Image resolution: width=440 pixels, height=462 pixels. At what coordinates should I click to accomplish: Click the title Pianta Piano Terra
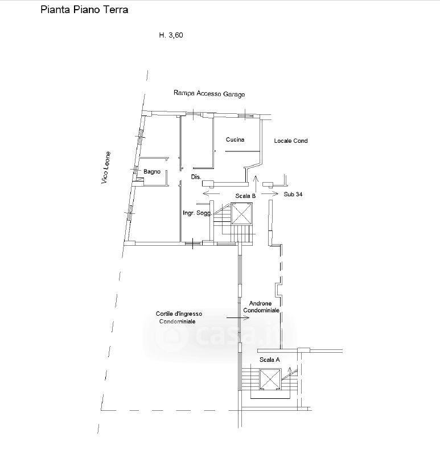click(84, 10)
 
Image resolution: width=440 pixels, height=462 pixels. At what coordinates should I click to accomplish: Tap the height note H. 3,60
click(171, 35)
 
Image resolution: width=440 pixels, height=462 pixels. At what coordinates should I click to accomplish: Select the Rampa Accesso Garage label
click(209, 94)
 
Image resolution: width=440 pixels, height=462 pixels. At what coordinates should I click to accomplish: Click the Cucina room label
click(235, 139)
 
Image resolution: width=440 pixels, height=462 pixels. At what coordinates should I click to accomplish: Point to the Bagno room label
click(152, 171)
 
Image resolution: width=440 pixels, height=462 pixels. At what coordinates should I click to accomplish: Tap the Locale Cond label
click(291, 141)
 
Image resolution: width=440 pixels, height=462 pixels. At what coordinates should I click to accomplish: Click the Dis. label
click(196, 177)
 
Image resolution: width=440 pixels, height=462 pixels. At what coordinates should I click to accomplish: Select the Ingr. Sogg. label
click(198, 213)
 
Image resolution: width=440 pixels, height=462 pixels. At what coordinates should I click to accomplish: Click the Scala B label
click(245, 196)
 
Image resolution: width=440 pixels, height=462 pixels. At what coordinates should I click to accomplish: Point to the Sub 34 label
click(293, 194)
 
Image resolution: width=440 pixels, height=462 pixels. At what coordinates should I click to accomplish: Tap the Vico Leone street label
click(106, 168)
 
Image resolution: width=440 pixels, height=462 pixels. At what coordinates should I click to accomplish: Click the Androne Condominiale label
click(261, 307)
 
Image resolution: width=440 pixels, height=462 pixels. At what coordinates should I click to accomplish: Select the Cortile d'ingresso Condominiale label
click(179, 317)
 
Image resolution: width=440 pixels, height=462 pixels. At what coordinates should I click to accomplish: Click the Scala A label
click(270, 360)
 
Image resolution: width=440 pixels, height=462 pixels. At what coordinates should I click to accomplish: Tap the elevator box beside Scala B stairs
click(242, 213)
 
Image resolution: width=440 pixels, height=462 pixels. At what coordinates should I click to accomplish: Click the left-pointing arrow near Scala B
click(211, 193)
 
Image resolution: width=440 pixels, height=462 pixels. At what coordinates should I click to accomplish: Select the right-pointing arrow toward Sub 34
click(270, 193)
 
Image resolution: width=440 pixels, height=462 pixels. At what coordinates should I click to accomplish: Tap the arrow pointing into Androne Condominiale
click(238, 317)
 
